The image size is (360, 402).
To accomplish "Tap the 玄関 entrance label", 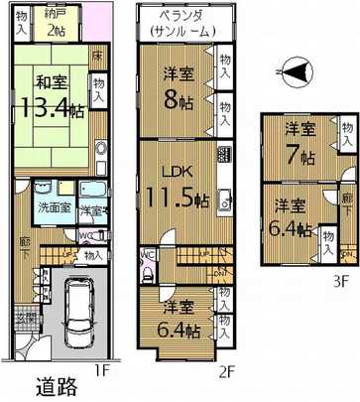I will (x=23, y=319).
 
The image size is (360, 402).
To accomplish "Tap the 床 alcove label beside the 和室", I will (x=96, y=57).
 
